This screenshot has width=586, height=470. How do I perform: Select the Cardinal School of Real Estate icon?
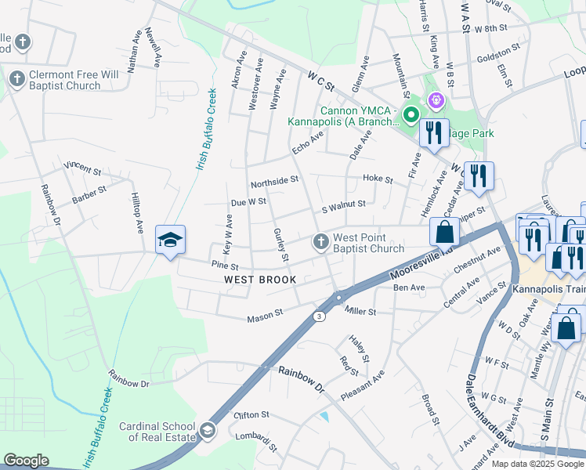coord(207,429)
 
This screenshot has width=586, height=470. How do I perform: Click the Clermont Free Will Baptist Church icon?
coord(16,78)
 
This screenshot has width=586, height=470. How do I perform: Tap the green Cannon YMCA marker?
coord(409,116)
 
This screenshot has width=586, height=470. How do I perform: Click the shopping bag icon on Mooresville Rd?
coord(444,233)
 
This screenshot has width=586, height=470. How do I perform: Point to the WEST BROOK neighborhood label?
coord(260,280)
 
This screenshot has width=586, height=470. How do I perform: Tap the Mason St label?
coord(265,316)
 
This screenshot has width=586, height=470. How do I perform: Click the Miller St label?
coord(360,312)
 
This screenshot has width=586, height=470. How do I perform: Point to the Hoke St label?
coord(378,179)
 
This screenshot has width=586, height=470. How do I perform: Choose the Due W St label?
coord(249,202)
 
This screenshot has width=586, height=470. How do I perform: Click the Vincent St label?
coord(83,168)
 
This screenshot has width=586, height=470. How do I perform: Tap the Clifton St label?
coord(251,414)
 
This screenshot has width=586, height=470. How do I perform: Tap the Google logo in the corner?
coord(26,461)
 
